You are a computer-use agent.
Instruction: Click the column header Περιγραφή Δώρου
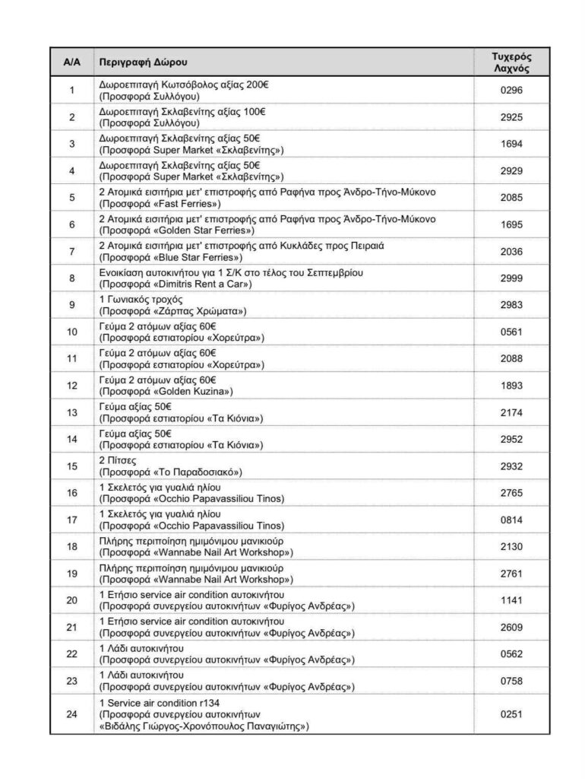point(143,62)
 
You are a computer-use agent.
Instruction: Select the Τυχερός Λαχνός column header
point(511,62)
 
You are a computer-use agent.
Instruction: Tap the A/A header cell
point(71,62)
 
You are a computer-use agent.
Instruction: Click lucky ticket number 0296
point(511,91)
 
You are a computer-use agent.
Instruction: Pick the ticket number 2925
point(511,117)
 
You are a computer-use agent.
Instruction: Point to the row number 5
point(71,198)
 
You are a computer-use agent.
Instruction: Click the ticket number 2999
point(511,278)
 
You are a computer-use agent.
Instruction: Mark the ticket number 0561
point(511,331)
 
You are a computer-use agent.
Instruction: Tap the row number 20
point(71,600)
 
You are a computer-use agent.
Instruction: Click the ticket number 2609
point(511,627)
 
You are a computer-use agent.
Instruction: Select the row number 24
point(71,714)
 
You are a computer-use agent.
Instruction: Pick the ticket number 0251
point(511,714)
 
